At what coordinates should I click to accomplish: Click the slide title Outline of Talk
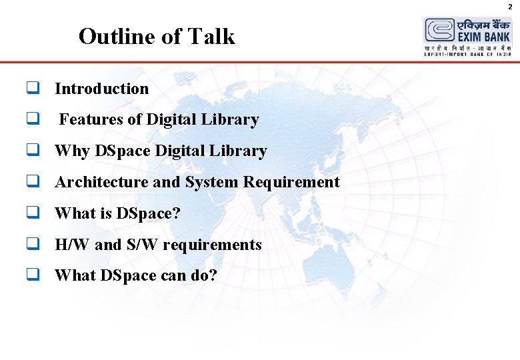[x=157, y=36]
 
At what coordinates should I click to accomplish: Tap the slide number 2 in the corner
[x=510, y=6]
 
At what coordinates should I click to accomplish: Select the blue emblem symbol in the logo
[x=439, y=31]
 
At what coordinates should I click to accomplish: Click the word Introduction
[x=102, y=89]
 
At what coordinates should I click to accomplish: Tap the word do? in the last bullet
[x=203, y=275]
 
